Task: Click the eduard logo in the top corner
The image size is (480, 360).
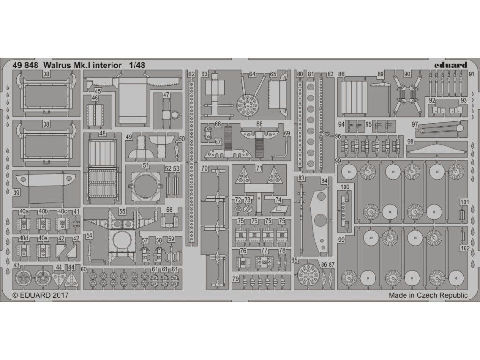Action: tap(450, 65)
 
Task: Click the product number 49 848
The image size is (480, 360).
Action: tap(25, 65)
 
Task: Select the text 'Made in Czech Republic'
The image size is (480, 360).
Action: tap(428, 295)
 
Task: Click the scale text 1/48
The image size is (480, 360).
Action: tap(137, 65)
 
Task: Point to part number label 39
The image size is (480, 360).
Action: tap(16, 192)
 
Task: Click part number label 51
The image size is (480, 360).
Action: tap(146, 165)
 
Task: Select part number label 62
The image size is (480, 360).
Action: tap(191, 74)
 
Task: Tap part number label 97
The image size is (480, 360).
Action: tap(415, 124)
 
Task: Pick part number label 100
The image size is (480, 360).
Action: tap(345, 187)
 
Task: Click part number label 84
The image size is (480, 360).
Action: tap(324, 181)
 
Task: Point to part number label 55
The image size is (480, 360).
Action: tap(122, 211)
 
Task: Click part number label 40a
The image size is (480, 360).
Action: tap(23, 211)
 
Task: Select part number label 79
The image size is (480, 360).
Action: tap(235, 279)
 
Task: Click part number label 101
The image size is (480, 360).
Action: tap(465, 202)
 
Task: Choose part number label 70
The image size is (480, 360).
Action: tap(205, 168)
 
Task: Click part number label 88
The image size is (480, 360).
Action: tap(341, 74)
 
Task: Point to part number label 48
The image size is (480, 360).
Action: tap(103, 134)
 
